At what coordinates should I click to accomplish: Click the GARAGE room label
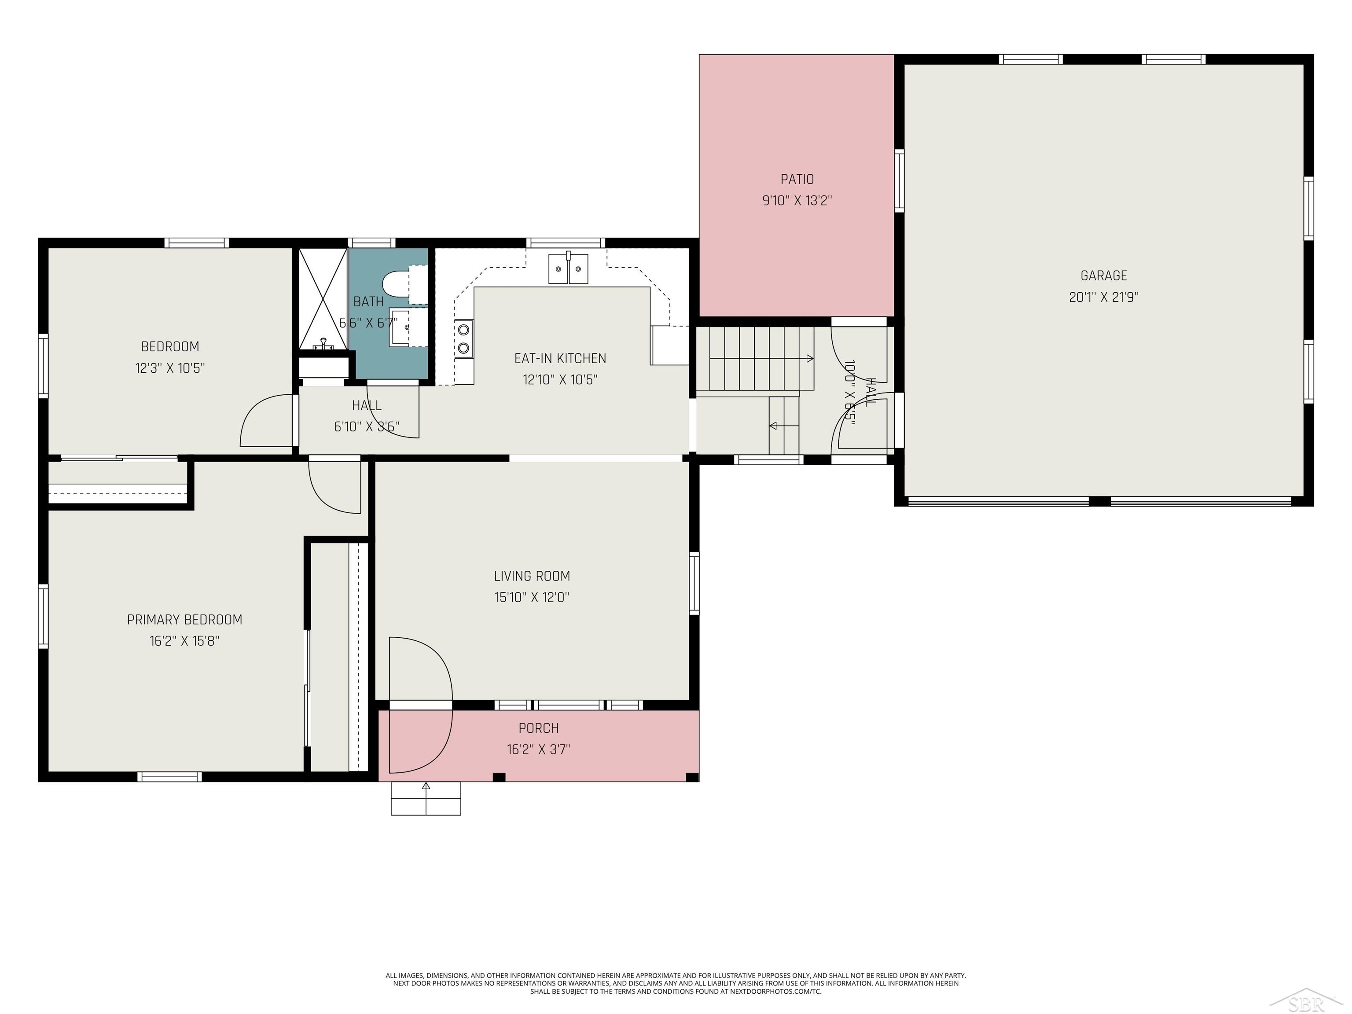(x=1103, y=276)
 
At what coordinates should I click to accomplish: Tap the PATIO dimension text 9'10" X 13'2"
(x=797, y=201)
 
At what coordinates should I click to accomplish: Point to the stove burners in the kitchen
(x=464, y=338)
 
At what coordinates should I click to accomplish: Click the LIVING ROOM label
(x=532, y=576)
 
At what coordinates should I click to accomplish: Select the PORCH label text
(x=539, y=728)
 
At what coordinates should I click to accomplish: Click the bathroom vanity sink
(x=401, y=328)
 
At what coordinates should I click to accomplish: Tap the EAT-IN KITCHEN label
(x=560, y=358)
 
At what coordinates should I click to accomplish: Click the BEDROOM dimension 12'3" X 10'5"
(x=170, y=368)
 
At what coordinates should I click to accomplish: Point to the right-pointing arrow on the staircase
(x=809, y=358)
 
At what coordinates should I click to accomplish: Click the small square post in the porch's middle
(x=499, y=777)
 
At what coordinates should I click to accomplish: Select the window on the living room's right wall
(x=694, y=583)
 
